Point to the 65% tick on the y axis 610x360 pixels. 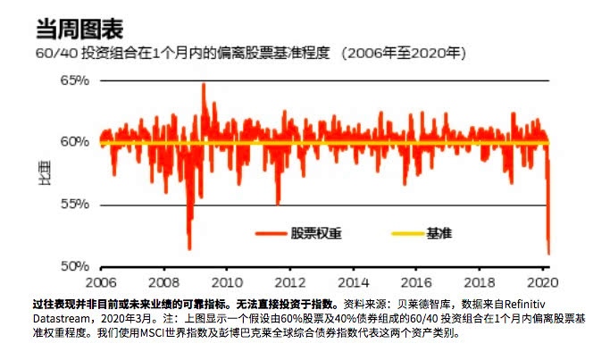(75, 80)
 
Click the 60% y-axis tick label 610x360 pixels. (75, 142)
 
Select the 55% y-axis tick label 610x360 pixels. (75, 205)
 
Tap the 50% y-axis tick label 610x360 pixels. (75, 266)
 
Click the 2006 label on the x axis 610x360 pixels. (100, 279)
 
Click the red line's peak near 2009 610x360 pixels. (204, 84)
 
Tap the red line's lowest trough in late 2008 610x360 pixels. (189, 249)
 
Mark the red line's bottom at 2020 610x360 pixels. (548, 255)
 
